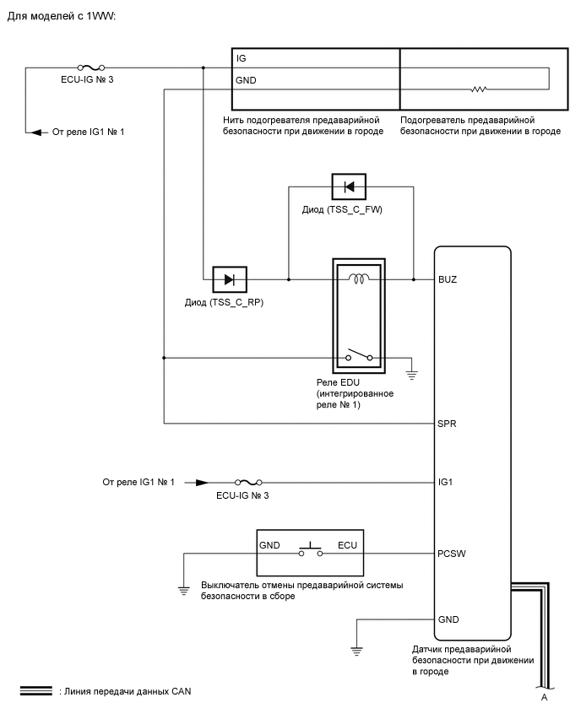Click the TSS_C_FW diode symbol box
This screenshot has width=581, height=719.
pyautogui.click(x=349, y=187)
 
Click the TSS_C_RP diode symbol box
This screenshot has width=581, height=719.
pyautogui.click(x=230, y=279)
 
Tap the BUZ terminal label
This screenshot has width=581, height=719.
pyautogui.click(x=448, y=279)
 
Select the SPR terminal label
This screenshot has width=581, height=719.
pyautogui.click(x=447, y=424)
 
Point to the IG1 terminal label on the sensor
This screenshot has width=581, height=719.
pyautogui.click(x=445, y=482)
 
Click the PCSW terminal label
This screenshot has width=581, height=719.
pyautogui.click(x=452, y=554)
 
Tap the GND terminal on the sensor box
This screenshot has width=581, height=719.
pyautogui.click(x=448, y=619)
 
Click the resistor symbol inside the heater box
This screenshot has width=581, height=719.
pyautogui.click(x=478, y=89)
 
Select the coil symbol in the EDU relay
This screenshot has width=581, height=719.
pyautogui.click(x=359, y=278)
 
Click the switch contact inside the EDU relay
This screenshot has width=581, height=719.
pyautogui.click(x=359, y=356)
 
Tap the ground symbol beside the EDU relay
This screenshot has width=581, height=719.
pyautogui.click(x=411, y=376)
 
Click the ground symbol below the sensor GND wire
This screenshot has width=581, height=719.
pyautogui.click(x=356, y=651)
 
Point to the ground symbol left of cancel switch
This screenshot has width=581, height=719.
pyautogui.click(x=183, y=591)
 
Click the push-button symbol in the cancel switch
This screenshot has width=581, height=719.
pyautogui.click(x=311, y=549)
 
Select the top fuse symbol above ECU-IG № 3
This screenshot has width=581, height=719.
pyautogui.click(x=91, y=68)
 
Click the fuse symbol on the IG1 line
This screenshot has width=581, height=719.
pyautogui.click(x=248, y=482)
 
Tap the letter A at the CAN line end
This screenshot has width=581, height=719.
pyautogui.click(x=545, y=697)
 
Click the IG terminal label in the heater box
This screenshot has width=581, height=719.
pyautogui.click(x=241, y=58)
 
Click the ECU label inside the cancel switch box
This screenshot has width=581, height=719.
pyautogui.click(x=347, y=545)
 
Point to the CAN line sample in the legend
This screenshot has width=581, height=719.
pyautogui.click(x=36, y=690)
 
